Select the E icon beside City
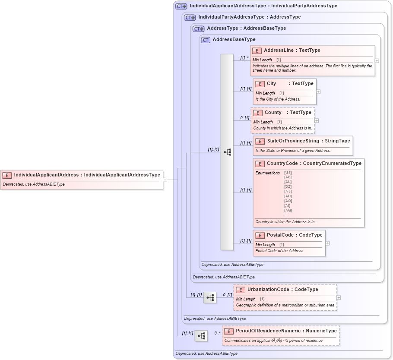tap(260, 84)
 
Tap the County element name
tap(273, 113)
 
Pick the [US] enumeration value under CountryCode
tap(288, 173)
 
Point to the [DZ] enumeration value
tap(288, 186)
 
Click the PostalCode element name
tap(280, 235)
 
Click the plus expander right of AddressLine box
tap(377, 61)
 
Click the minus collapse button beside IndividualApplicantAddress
tap(165, 180)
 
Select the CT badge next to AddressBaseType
tap(206, 40)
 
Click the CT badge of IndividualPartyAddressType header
tap(190, 17)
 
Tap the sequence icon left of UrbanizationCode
tap(210, 297)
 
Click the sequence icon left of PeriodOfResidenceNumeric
tap(201, 336)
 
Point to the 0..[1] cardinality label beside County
tap(245, 117)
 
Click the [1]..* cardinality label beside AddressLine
tap(244, 57)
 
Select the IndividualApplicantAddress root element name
tap(47, 175)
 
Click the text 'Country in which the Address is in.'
tap(285, 222)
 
